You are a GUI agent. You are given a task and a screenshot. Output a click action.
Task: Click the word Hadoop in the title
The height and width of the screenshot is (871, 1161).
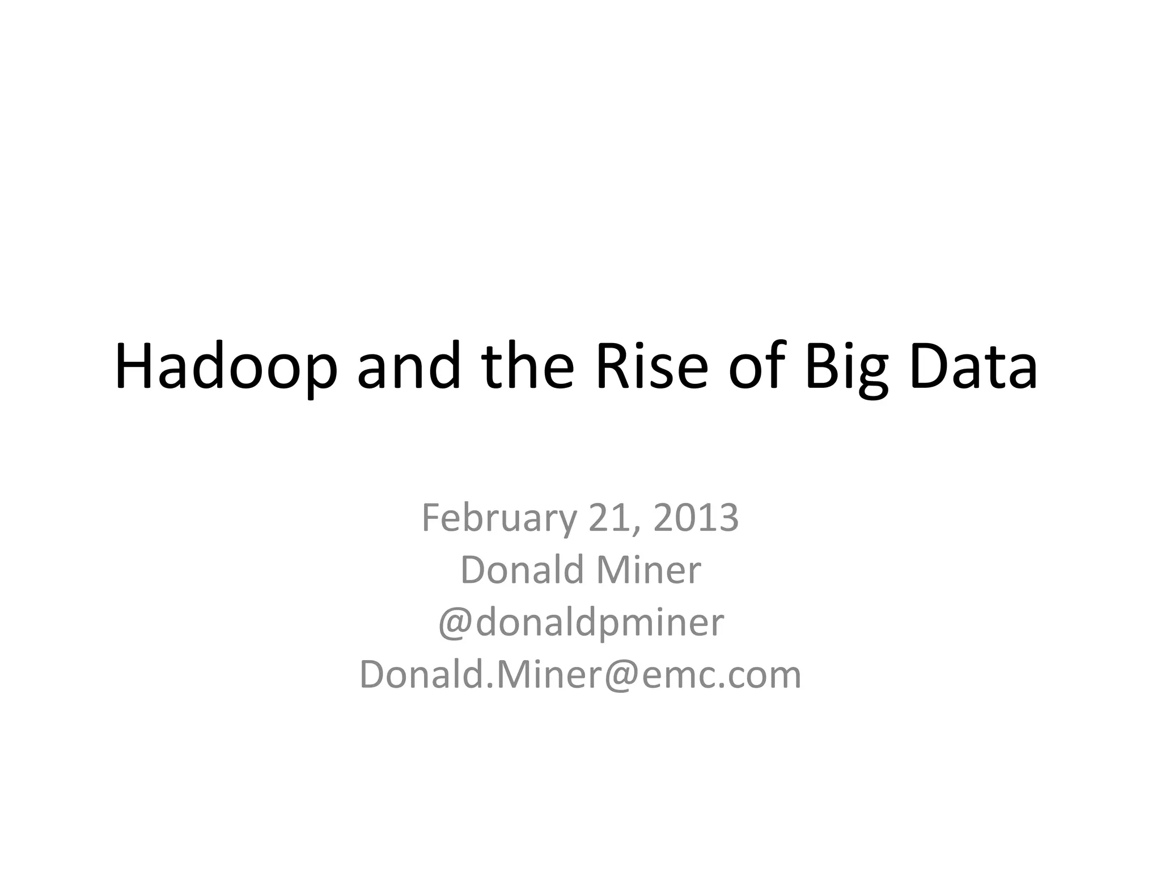click(226, 367)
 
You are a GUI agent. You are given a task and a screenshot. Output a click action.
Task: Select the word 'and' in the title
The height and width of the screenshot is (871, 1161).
click(409, 367)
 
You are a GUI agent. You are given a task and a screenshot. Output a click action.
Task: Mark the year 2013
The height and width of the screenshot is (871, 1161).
click(696, 518)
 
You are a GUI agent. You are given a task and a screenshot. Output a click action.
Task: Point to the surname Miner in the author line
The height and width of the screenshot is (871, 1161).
click(649, 570)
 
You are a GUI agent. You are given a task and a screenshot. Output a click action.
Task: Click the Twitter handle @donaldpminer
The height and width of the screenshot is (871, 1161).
click(581, 623)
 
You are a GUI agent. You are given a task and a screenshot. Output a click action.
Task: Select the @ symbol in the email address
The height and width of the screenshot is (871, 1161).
click(622, 675)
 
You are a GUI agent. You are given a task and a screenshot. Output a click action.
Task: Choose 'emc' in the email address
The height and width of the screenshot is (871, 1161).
click(680, 675)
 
